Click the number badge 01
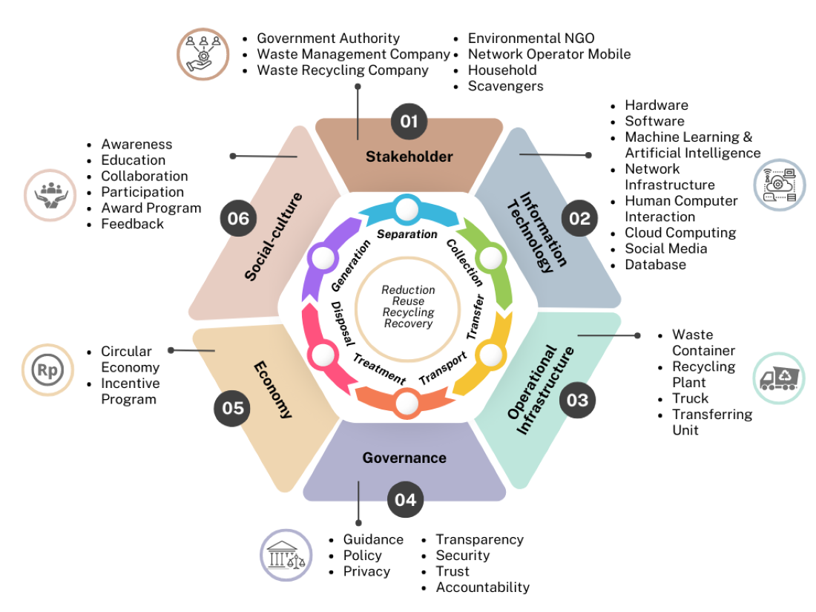(x=409, y=121)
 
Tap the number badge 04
(x=405, y=499)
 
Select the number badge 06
(x=238, y=219)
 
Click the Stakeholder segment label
(x=409, y=157)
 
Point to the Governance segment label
(x=404, y=458)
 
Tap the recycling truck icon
(x=778, y=378)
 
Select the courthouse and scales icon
(x=286, y=555)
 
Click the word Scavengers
(x=505, y=86)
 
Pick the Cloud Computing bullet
(x=680, y=233)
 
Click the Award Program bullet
(x=151, y=208)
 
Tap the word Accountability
(x=482, y=588)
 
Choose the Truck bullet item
(x=690, y=398)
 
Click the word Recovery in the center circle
(x=408, y=323)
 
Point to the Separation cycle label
(x=407, y=234)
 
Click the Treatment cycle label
(x=379, y=369)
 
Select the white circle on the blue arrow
(x=407, y=210)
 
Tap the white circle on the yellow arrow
(x=489, y=355)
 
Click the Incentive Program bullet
(x=131, y=391)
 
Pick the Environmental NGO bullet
(x=531, y=39)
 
